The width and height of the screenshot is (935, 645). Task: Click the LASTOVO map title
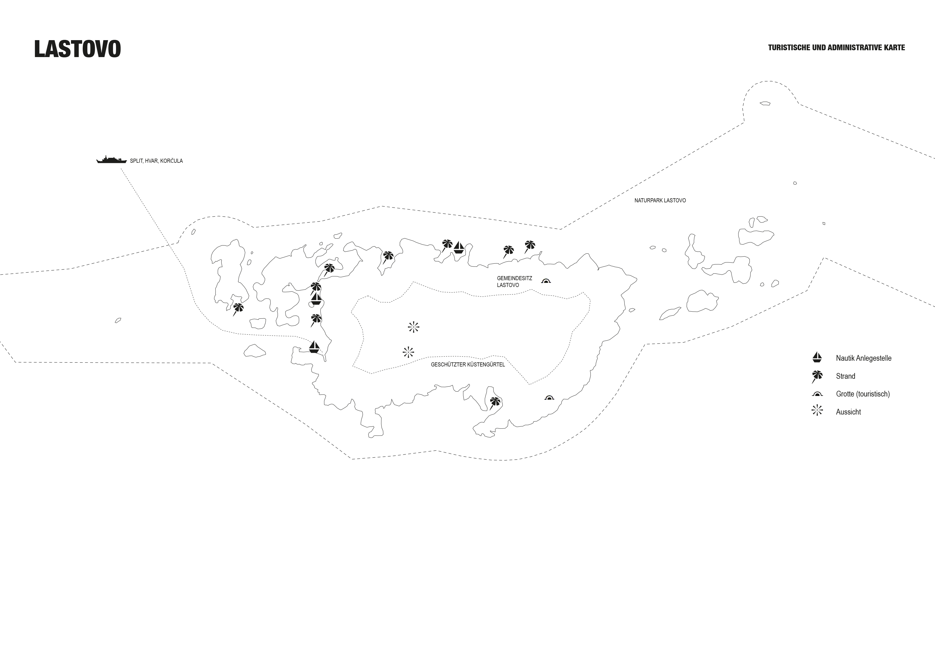point(78,49)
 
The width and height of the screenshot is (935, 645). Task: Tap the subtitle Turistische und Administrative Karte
point(836,48)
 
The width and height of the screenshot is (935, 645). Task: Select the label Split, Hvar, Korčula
point(156,161)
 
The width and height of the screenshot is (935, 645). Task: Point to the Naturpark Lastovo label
point(660,200)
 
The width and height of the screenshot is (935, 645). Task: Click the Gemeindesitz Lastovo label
point(514,282)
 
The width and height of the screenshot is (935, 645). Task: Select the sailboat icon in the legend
point(817,357)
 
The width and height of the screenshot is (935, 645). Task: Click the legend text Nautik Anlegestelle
point(863,358)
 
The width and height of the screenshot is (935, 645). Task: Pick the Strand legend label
point(845,376)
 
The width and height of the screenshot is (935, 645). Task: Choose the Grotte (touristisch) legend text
point(863,394)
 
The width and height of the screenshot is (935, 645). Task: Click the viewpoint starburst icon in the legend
point(817,411)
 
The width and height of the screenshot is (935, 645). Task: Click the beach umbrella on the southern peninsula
point(495,402)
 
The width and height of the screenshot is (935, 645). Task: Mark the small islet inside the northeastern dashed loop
point(765,103)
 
